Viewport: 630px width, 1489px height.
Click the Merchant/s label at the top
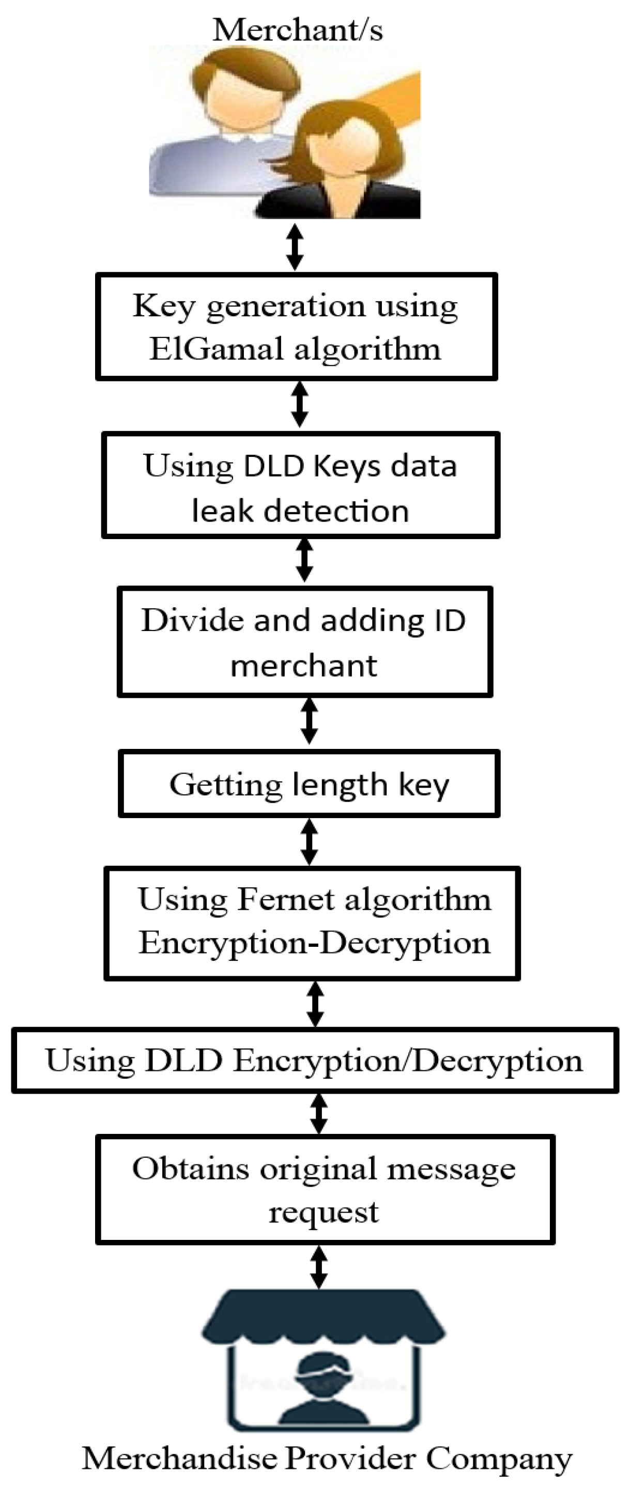297,30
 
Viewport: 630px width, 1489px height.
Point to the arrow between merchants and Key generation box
295,248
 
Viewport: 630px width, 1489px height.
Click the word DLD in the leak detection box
274,466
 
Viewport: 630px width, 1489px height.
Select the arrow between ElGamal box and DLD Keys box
299,404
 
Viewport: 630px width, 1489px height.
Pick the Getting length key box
309,784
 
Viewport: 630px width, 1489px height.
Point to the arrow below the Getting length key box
311,841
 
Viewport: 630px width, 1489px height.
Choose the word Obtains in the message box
191,1169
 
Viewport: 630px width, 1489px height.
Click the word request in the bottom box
323,1212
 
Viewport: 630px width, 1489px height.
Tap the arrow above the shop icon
318,1268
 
